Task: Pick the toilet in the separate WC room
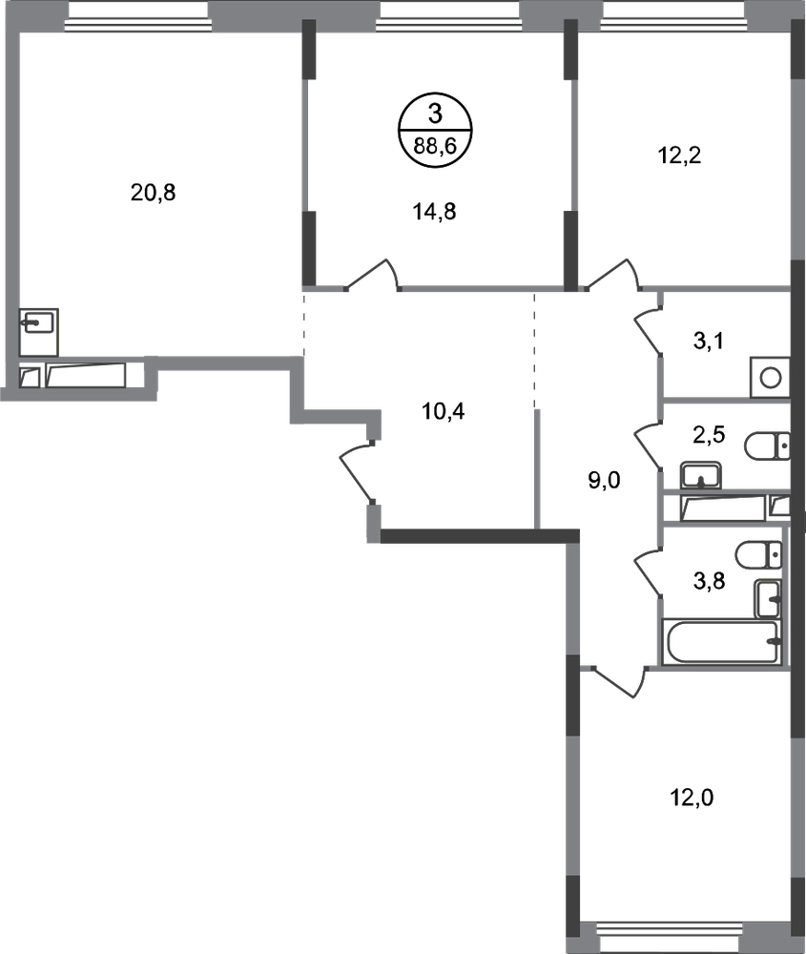(766, 446)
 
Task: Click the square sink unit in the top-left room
(39, 330)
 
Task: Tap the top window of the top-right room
(675, 19)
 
